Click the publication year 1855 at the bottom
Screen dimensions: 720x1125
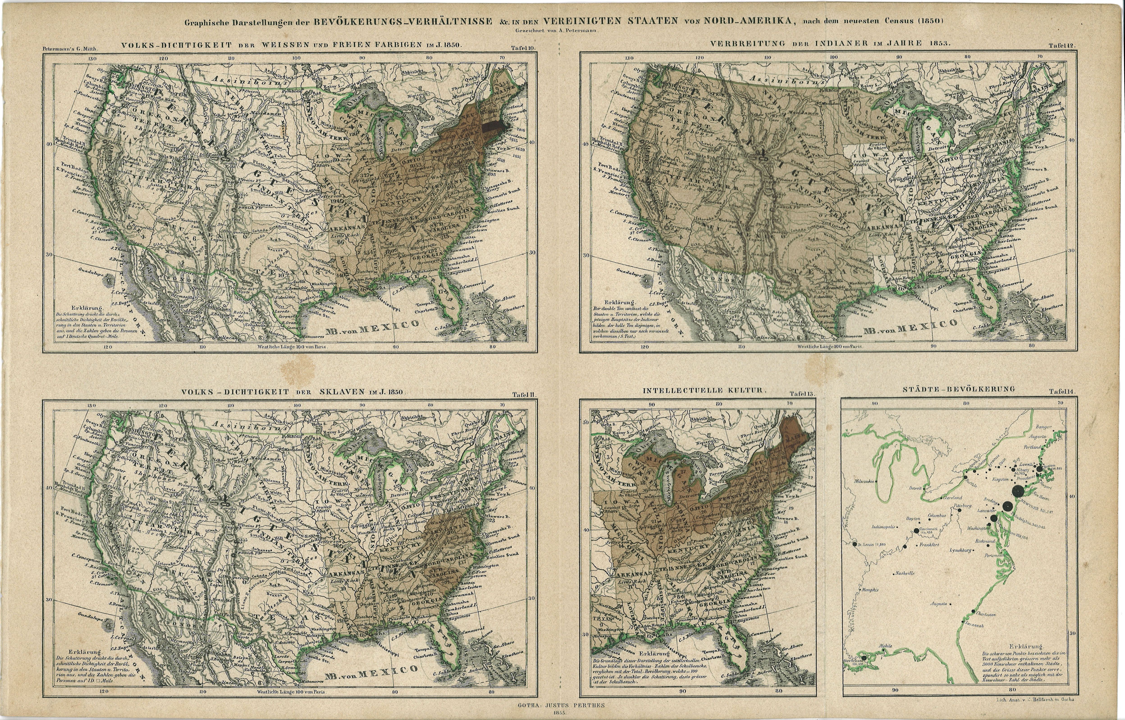point(561,713)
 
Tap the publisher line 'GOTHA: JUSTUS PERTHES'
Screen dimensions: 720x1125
point(561,705)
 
